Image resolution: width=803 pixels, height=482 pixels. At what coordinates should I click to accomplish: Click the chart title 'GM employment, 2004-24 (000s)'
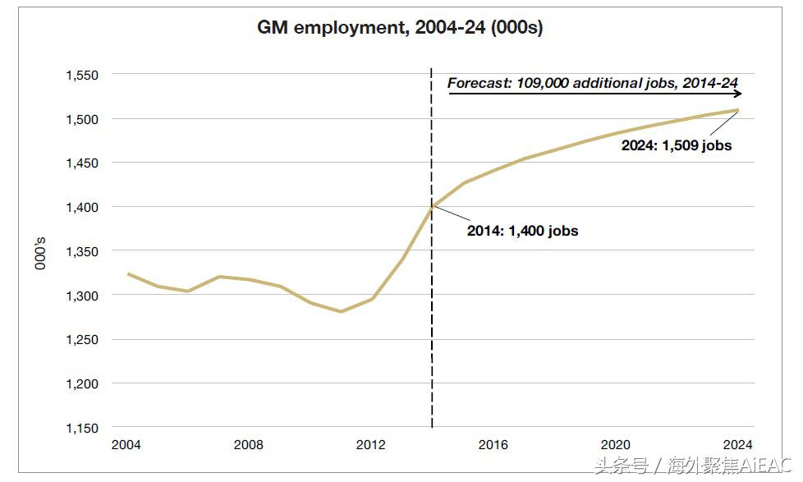pos(401,28)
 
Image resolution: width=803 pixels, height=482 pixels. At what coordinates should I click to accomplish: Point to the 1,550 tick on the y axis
pos(82,75)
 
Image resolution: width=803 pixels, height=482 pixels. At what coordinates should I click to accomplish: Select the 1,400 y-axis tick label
pos(82,207)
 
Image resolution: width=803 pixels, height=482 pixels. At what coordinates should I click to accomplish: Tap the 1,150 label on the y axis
pos(82,428)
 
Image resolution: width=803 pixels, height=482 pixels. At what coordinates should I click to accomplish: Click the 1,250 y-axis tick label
pos(82,339)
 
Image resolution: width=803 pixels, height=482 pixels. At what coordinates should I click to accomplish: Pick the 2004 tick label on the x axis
pos(126,445)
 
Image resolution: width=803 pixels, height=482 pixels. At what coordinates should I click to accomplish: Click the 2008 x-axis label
pos(248,445)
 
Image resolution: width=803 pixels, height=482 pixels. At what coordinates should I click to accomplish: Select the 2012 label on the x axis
pos(371,445)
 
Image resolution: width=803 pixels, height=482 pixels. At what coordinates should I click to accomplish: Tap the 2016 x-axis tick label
pos(493,445)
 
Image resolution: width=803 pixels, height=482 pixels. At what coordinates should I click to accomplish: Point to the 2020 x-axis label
pos(616,445)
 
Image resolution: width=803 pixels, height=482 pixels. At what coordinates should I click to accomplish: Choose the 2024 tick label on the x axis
pos(738,445)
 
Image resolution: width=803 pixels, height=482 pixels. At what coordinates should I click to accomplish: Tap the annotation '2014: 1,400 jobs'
pos(522,231)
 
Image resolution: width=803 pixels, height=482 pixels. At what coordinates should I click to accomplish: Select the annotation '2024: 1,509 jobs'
pos(677,145)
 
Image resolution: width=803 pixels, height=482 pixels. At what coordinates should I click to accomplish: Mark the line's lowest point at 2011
pos(340,311)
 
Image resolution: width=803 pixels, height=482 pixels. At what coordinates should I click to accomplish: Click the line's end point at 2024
pos(738,110)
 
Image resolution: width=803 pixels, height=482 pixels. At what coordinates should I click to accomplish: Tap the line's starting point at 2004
pos(126,273)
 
